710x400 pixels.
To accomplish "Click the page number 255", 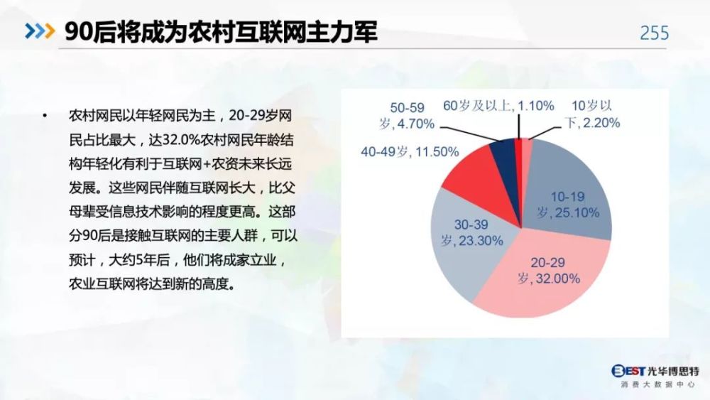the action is pyautogui.click(x=654, y=33).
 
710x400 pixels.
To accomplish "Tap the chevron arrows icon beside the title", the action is pyautogui.click(x=40, y=31).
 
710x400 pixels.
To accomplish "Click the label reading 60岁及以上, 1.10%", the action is pyautogui.click(x=498, y=106).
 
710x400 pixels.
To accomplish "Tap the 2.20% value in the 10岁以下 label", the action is pyautogui.click(x=601, y=123).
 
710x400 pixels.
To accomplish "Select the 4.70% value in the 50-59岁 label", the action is pyautogui.click(x=415, y=124).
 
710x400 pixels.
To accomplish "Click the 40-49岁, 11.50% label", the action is pyautogui.click(x=410, y=152).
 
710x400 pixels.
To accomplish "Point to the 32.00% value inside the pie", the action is pyautogui.click(x=558, y=279).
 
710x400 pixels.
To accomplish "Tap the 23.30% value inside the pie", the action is pyautogui.click(x=481, y=241).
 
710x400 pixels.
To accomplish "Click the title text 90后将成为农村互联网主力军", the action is pyautogui.click(x=221, y=32).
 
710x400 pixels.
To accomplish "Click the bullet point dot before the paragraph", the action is pyautogui.click(x=44, y=116).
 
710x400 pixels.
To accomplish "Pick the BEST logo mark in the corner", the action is pyautogui.click(x=628, y=372).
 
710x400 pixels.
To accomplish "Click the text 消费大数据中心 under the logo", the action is pyautogui.click(x=657, y=384).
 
